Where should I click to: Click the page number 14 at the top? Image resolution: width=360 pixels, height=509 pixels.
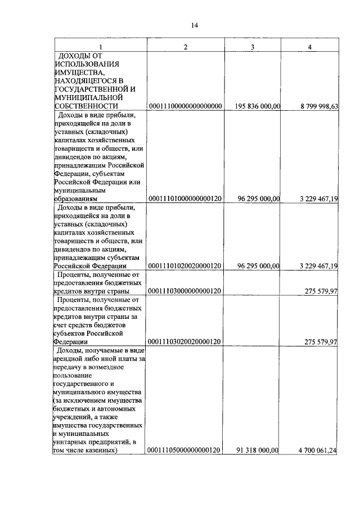click(195, 25)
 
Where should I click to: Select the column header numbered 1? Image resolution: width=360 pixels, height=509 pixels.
click(100, 47)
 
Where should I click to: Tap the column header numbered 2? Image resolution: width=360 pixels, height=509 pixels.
click(186, 47)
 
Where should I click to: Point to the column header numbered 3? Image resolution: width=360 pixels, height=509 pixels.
click(253, 47)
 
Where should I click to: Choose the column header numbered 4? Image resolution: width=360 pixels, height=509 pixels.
click(309, 47)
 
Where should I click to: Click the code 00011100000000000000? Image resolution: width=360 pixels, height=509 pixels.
click(185, 106)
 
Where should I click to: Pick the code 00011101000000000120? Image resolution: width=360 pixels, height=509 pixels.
click(185, 199)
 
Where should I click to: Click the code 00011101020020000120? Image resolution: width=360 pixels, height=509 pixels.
click(185, 266)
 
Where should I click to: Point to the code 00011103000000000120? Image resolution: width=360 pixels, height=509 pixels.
click(185, 291)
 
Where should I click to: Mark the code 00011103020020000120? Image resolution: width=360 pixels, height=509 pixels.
click(185, 341)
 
